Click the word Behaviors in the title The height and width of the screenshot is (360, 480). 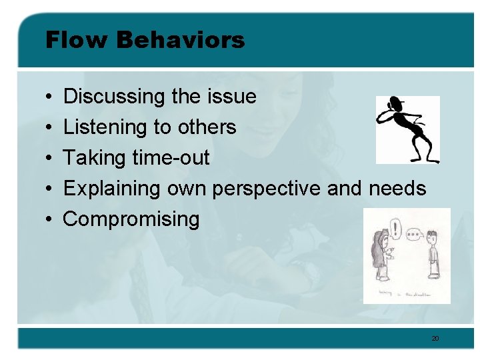click(x=181, y=40)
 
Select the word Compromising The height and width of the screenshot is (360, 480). click(x=131, y=219)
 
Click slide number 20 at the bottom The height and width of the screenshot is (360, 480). click(x=435, y=339)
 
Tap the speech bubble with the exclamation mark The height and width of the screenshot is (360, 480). click(x=397, y=231)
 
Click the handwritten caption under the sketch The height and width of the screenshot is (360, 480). click(x=404, y=293)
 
